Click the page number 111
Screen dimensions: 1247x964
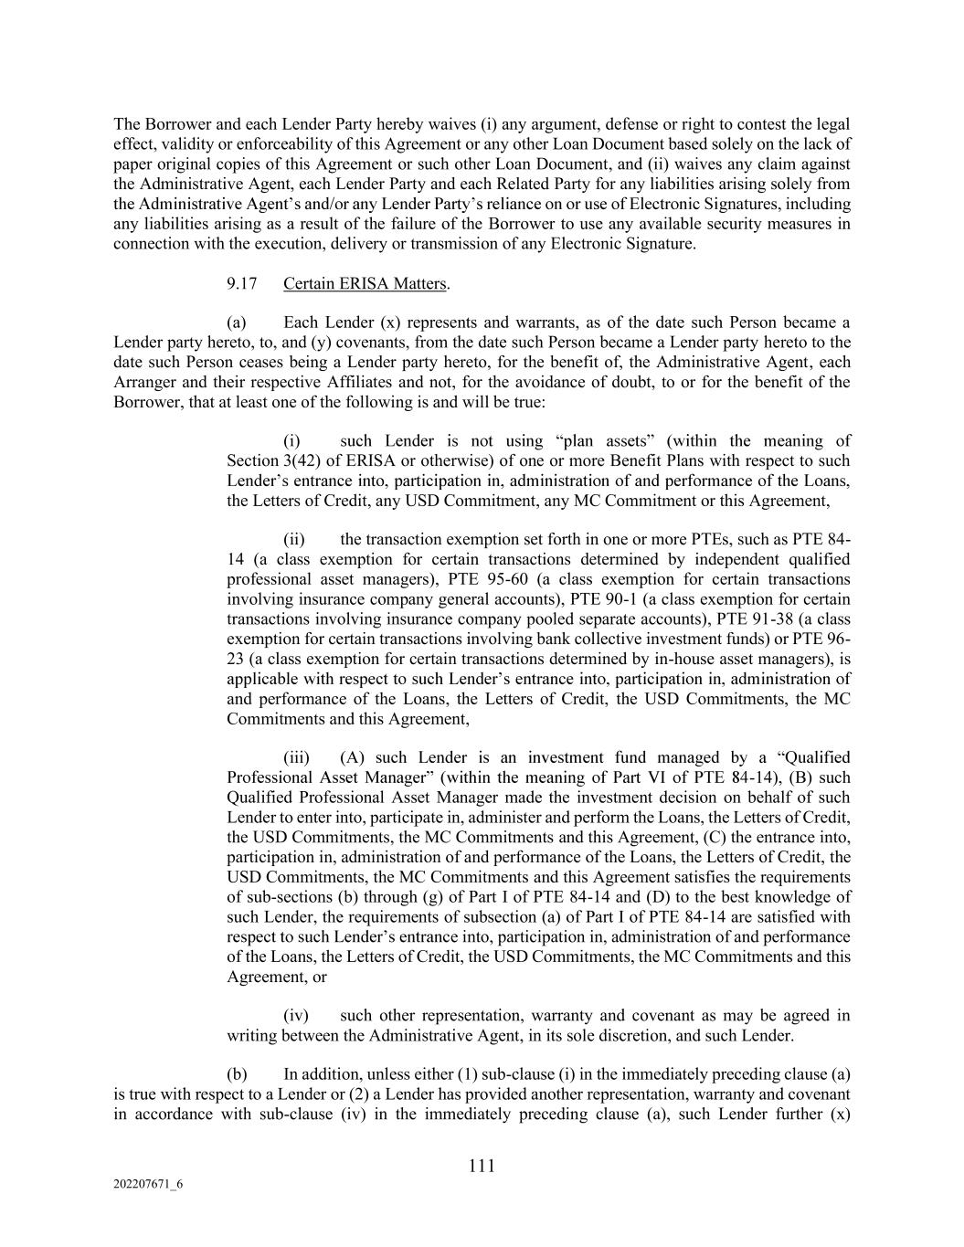482,1166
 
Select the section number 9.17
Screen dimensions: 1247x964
242,283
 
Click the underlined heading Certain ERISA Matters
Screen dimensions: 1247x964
365,283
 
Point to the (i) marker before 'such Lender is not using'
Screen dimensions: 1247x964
294,441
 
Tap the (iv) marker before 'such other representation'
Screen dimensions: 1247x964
296,1015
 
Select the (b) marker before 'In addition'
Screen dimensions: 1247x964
237,1074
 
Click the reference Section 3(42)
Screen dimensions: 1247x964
271,461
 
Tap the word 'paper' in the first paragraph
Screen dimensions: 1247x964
132,164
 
